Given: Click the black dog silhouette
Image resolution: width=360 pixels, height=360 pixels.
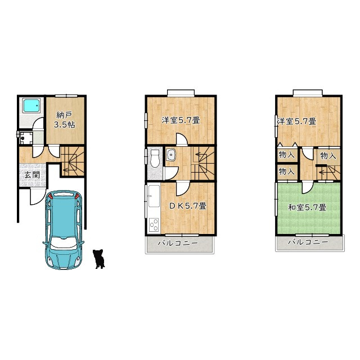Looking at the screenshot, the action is [x=99, y=259].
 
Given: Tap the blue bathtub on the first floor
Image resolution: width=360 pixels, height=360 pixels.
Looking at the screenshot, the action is [x=31, y=106].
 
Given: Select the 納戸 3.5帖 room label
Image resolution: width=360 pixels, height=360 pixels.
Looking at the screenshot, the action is [x=64, y=120].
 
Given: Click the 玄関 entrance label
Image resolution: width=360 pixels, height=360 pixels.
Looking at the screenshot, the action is [x=33, y=175].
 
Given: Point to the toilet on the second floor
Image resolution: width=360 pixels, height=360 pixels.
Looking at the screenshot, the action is [x=155, y=158].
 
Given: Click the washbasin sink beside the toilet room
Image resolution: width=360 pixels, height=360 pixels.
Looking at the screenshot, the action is [x=170, y=155].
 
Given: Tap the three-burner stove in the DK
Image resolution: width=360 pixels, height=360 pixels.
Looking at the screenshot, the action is [x=154, y=225].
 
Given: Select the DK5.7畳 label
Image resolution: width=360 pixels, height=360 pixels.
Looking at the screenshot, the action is [x=188, y=206].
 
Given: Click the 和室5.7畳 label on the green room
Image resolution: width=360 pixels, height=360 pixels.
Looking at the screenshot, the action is [x=307, y=208].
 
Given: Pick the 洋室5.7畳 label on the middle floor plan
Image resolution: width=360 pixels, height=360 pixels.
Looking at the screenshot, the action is [x=181, y=120].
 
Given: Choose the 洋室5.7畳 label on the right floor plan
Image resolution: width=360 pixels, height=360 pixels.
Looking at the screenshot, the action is [x=297, y=121].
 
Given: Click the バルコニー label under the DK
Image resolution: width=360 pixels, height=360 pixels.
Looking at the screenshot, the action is [x=178, y=243].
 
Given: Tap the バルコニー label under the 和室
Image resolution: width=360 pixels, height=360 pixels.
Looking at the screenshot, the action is [x=308, y=242].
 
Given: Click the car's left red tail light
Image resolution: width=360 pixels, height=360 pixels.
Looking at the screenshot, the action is [x=51, y=196].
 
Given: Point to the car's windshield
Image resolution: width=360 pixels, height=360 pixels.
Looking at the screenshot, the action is [x=63, y=244].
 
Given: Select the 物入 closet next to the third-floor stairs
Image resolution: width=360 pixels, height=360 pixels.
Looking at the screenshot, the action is [x=328, y=156].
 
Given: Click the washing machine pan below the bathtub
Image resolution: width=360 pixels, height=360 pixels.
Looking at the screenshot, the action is [x=25, y=137].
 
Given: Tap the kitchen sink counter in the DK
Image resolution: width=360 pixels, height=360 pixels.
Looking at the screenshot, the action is [x=154, y=196].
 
